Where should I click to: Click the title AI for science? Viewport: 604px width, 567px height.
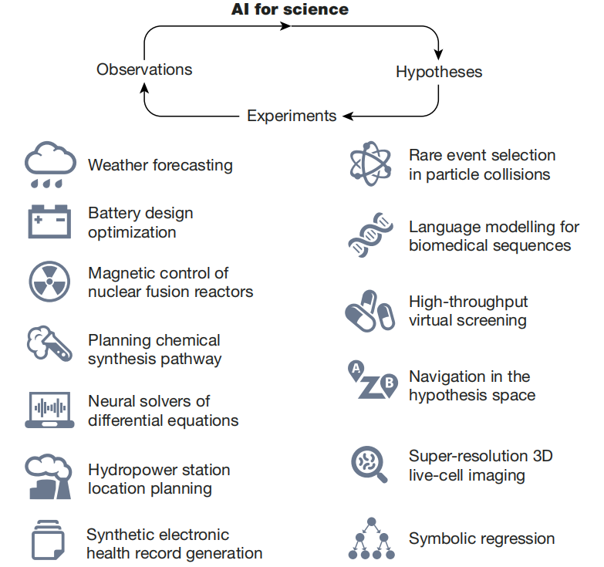coord(290,9)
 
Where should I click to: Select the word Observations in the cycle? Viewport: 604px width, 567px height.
coord(144,69)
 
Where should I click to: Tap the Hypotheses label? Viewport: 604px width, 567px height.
coord(439,72)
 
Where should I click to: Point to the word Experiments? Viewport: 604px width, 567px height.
coord(292,116)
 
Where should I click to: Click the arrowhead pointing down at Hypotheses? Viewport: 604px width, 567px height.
coord(438,54)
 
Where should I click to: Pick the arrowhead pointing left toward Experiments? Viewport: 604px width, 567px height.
coord(348,116)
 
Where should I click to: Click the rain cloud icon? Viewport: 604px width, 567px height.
coord(50,164)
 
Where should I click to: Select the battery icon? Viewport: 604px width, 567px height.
coord(49,221)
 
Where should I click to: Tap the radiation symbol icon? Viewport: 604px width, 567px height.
coord(49,282)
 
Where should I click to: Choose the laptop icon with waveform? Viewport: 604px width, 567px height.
coord(49,410)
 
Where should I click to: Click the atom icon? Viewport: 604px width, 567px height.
coord(370,164)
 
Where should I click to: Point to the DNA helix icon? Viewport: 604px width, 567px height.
coord(370,235)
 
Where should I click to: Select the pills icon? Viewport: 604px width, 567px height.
coord(369,311)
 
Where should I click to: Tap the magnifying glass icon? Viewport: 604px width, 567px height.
coord(369,464)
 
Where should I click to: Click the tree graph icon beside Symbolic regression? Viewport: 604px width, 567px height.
coord(371,538)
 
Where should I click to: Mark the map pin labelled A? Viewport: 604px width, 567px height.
coord(356,370)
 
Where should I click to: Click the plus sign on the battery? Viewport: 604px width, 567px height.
coord(38,220)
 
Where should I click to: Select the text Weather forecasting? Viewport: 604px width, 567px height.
coord(160,165)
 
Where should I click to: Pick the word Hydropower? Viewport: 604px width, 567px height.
coord(132,471)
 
